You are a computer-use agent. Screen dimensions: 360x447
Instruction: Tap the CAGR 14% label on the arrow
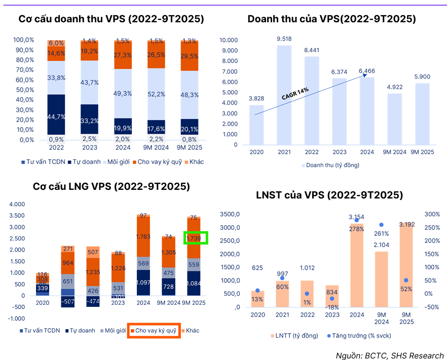295,93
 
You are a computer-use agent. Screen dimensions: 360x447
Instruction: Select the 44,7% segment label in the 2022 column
56,117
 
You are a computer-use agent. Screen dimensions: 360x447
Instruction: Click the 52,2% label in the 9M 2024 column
156,94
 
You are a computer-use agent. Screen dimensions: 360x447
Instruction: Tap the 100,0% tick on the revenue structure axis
23,40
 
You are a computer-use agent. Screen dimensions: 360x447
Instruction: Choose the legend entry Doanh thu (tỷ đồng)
332,165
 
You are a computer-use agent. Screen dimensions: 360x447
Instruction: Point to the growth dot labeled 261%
381,225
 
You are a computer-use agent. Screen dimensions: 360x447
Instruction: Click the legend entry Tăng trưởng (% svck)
357,336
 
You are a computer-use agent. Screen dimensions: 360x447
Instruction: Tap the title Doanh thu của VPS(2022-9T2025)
331,19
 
